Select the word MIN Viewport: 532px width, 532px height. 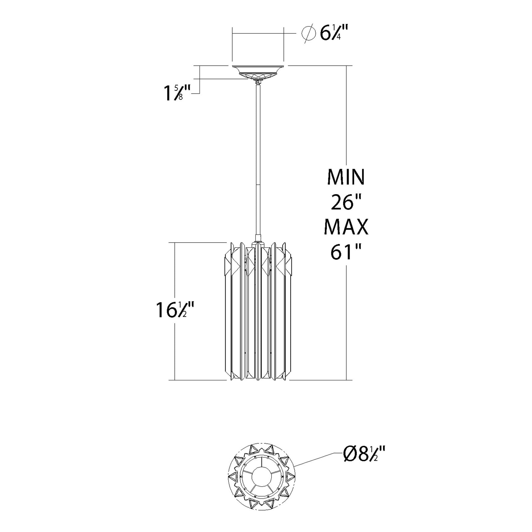pos(346,177)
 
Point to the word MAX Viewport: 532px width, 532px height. pos(346,227)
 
